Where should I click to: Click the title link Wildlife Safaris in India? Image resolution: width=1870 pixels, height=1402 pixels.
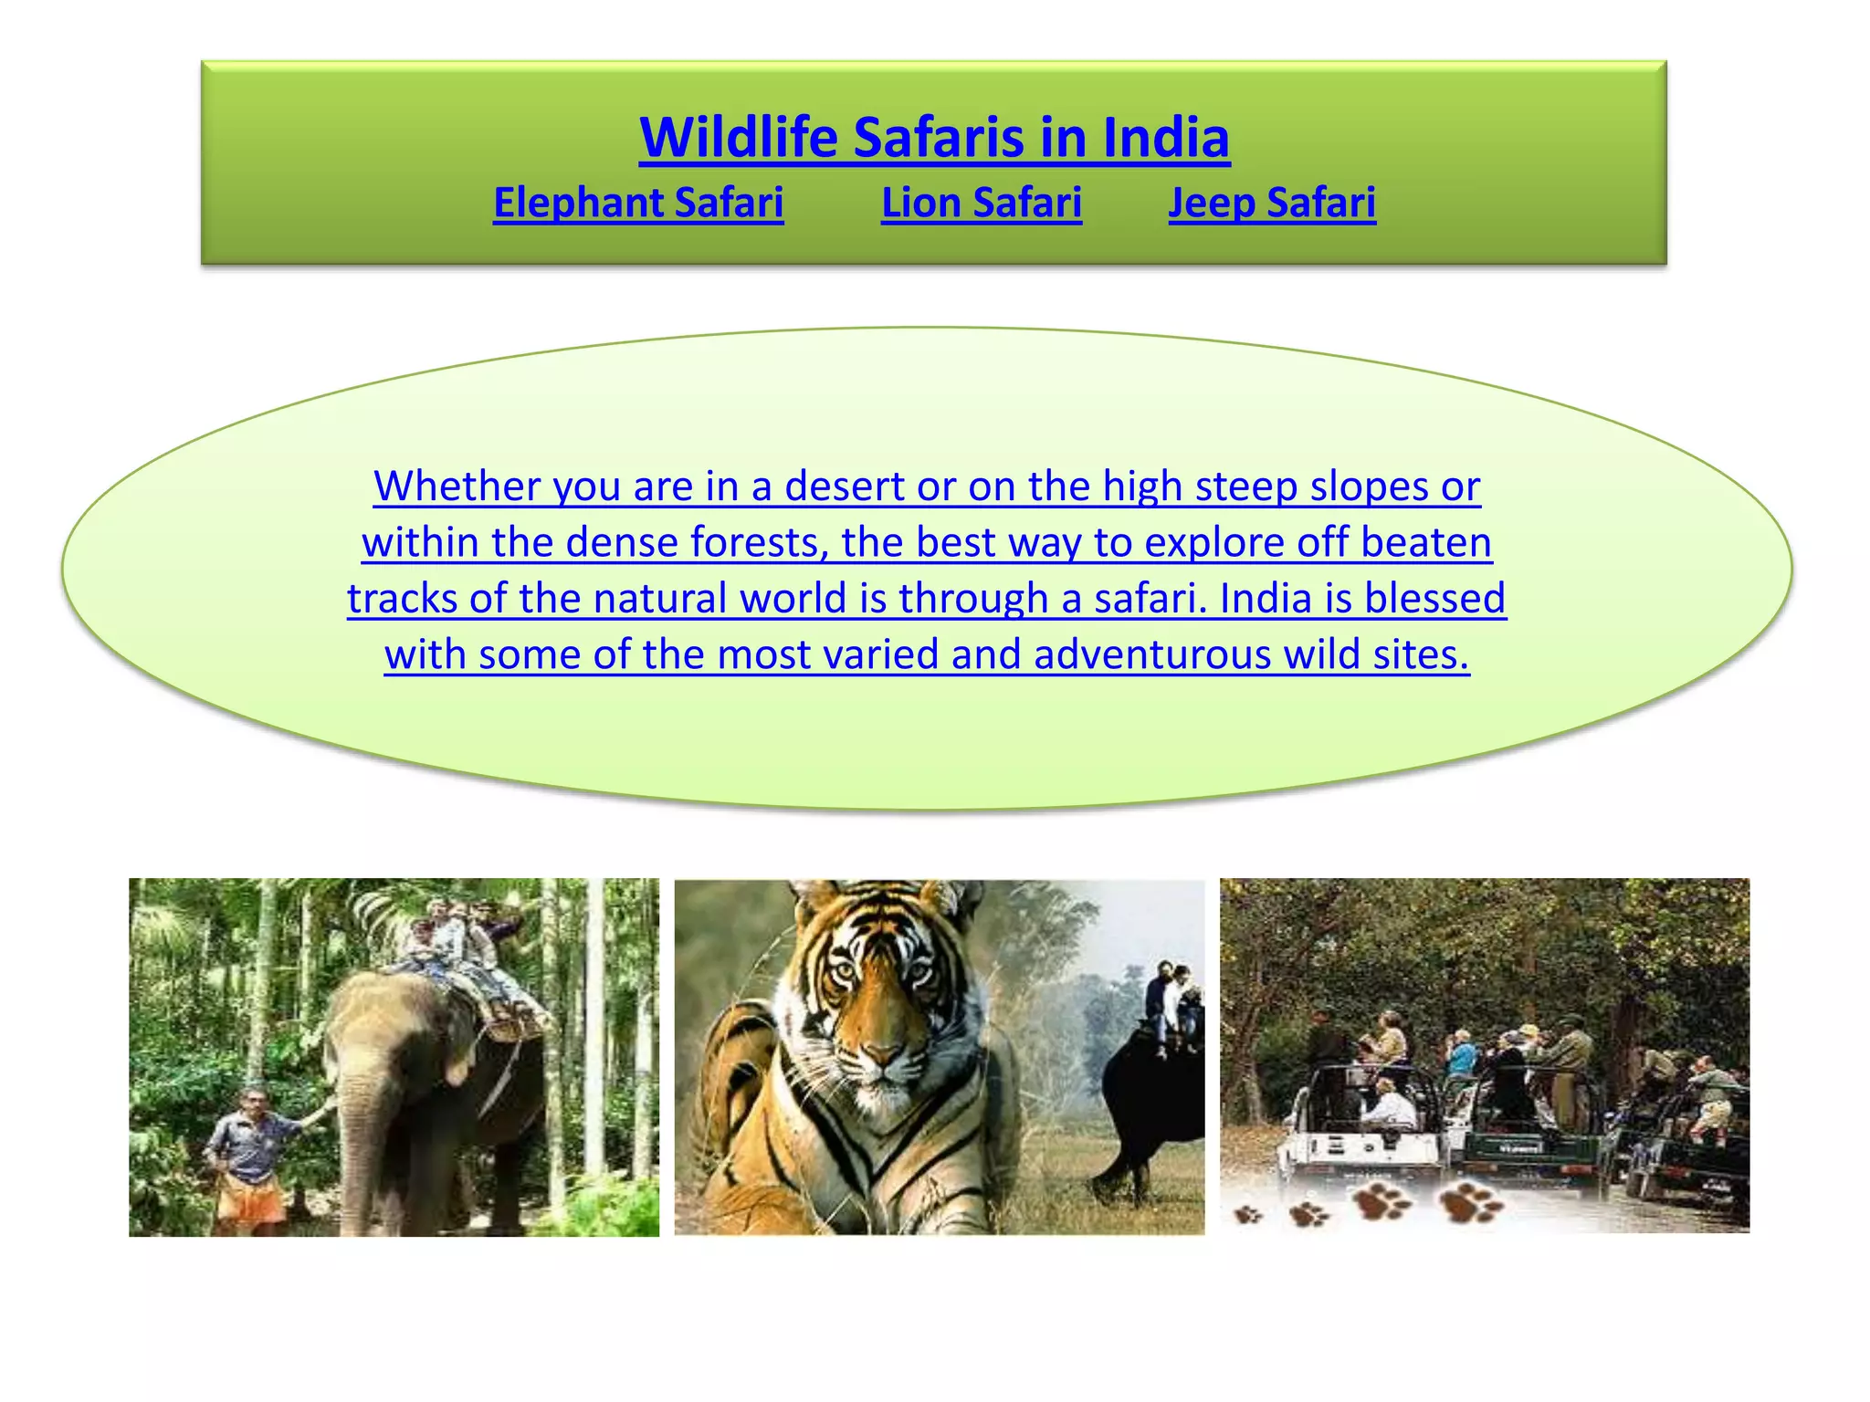pyautogui.click(x=934, y=138)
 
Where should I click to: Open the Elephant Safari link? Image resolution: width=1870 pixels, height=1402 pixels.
pyautogui.click(x=638, y=203)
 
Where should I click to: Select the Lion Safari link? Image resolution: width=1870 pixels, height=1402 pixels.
pyautogui.click(x=982, y=203)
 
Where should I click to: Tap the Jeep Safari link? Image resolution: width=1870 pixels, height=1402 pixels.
pyautogui.click(x=1272, y=203)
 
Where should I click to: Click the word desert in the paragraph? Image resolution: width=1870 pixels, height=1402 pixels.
pyautogui.click(x=844, y=487)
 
